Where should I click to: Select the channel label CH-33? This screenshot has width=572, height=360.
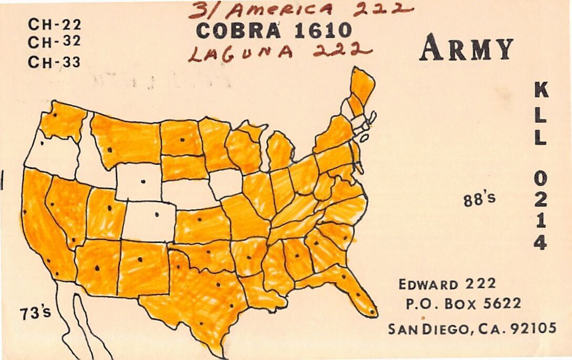click(54, 63)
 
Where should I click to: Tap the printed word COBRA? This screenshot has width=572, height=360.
click(238, 31)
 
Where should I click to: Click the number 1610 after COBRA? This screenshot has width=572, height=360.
click(322, 31)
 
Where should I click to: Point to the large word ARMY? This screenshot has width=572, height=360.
click(465, 49)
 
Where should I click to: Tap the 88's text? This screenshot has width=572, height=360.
click(479, 200)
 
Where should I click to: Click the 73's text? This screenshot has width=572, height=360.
click(36, 313)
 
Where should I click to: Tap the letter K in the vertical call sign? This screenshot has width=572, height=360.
click(540, 91)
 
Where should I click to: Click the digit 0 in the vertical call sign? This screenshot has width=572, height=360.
click(540, 179)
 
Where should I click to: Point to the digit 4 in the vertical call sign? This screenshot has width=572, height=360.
click(540, 242)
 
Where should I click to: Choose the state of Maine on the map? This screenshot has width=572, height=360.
click(362, 87)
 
